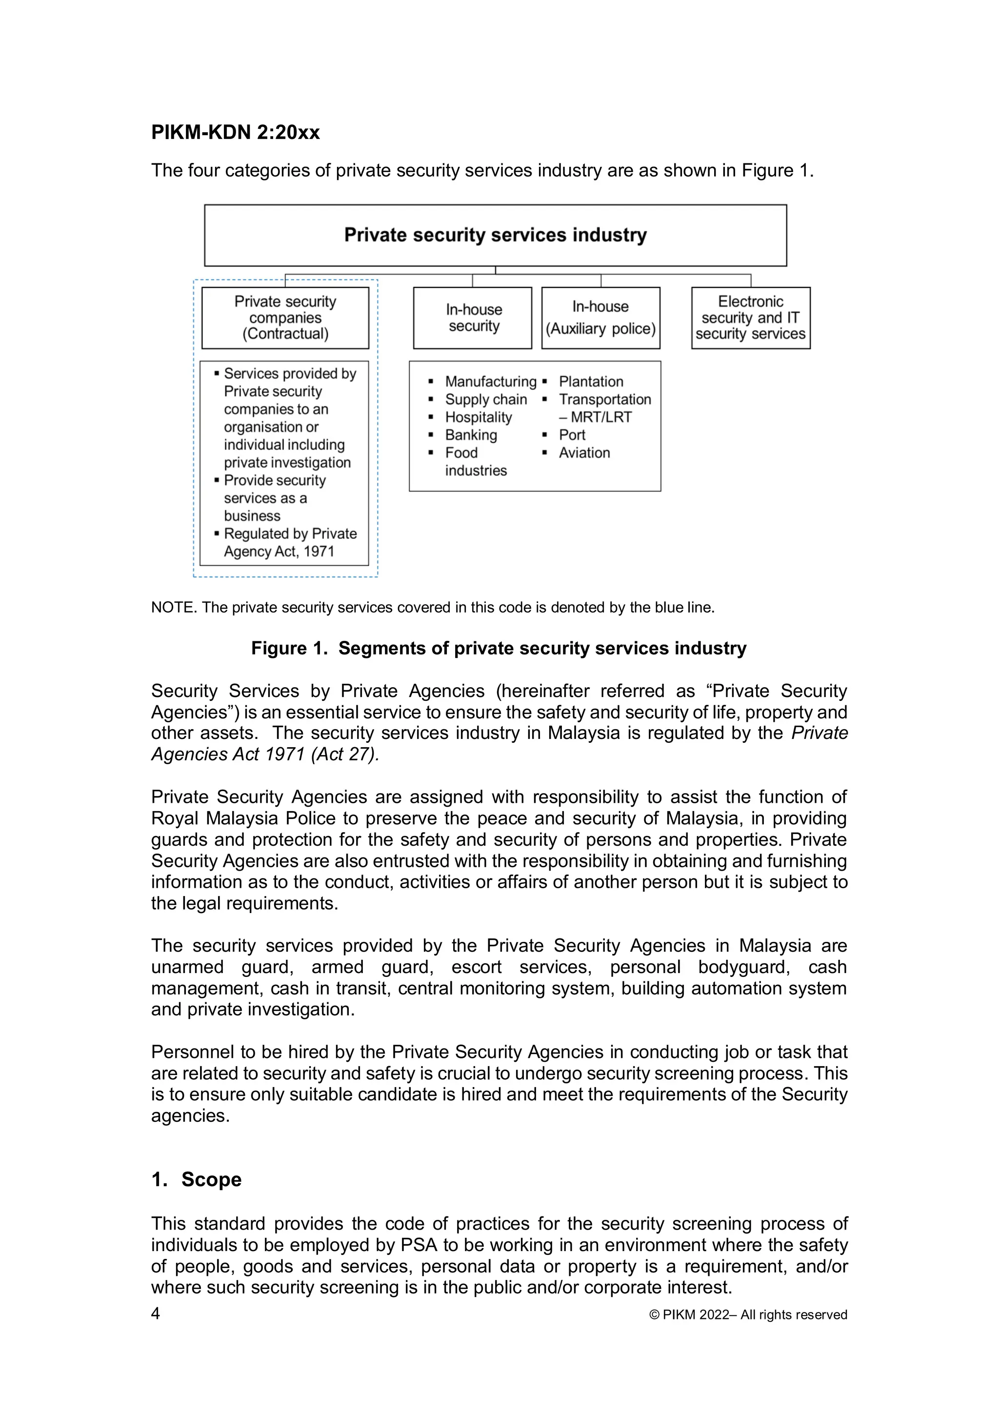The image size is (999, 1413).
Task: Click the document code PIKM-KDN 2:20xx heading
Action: point(235,132)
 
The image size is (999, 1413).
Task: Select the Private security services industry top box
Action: point(495,235)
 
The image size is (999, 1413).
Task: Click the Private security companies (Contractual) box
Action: point(285,318)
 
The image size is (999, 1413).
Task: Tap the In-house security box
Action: point(473,318)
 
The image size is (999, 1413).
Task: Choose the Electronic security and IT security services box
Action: point(750,318)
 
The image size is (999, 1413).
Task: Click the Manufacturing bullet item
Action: point(491,381)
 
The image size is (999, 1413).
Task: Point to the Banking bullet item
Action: point(471,435)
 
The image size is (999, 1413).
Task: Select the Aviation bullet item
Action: point(584,453)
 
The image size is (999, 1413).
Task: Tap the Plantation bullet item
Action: point(591,381)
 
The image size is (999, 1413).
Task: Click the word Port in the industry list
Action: point(572,435)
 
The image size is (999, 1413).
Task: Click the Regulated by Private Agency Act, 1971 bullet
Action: point(290,542)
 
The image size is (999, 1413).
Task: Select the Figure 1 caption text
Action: point(499,648)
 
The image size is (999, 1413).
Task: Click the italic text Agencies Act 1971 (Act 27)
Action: point(265,755)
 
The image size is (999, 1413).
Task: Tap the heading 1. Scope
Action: point(197,1179)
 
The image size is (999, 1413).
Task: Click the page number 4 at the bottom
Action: point(156,1314)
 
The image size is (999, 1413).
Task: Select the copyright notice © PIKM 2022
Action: point(748,1315)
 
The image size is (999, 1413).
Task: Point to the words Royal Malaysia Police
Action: point(244,818)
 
